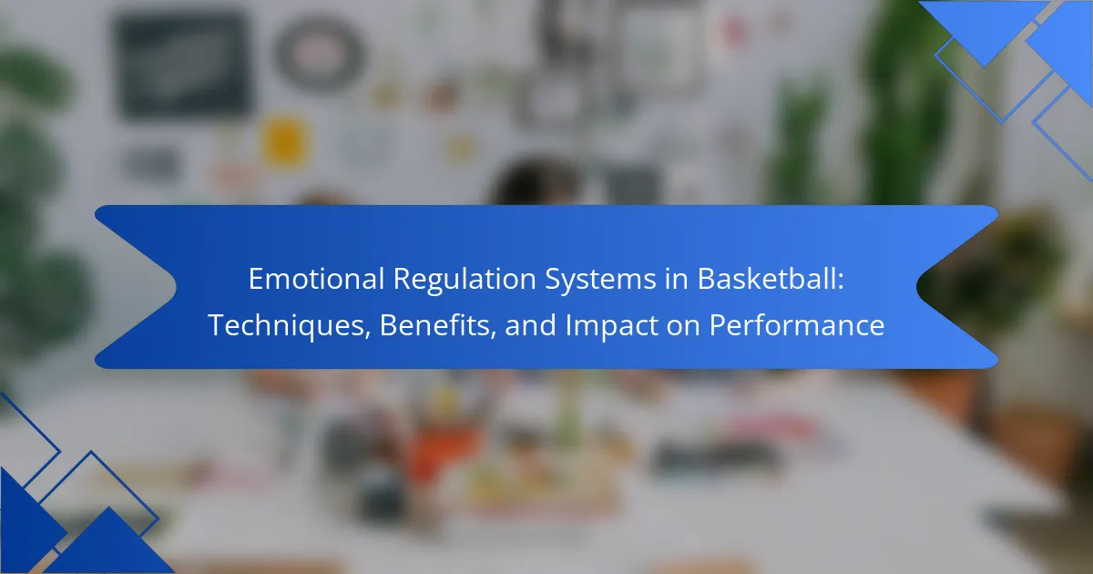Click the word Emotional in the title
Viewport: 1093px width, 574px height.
[316, 279]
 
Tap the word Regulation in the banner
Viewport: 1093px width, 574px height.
[465, 280]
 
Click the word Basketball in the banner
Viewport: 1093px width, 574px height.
[766, 279]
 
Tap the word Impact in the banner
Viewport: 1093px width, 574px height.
[611, 325]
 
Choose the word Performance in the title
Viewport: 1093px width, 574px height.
[796, 324]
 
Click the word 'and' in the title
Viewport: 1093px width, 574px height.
[530, 324]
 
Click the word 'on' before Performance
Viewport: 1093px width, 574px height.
[683, 327]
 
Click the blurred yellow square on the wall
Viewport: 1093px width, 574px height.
[285, 141]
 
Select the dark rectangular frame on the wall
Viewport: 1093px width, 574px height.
[183, 66]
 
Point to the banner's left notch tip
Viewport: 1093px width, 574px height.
[176, 287]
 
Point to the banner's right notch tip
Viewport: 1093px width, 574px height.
[917, 287]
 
